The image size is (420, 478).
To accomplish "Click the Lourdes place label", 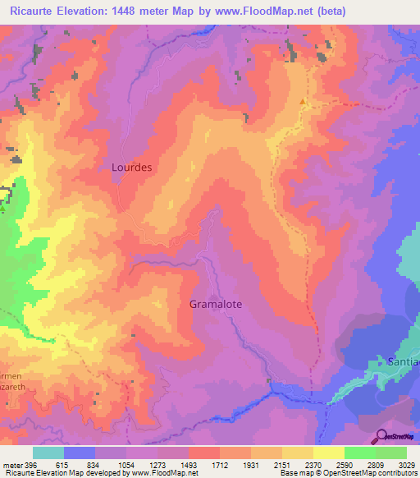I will pos(131,167).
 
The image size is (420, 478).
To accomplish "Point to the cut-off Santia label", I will pos(403,361).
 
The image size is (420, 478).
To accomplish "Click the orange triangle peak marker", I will pos(303,103).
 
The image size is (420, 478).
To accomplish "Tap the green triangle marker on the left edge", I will pos(2,208).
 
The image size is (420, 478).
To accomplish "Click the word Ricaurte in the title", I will pos(37,11).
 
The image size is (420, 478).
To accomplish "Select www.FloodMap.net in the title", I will pos(264,11).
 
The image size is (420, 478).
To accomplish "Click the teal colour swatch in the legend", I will pos(48,453).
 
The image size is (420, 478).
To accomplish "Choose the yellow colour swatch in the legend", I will pos(328,453).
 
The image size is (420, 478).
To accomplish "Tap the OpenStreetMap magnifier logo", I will pos(381,435).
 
